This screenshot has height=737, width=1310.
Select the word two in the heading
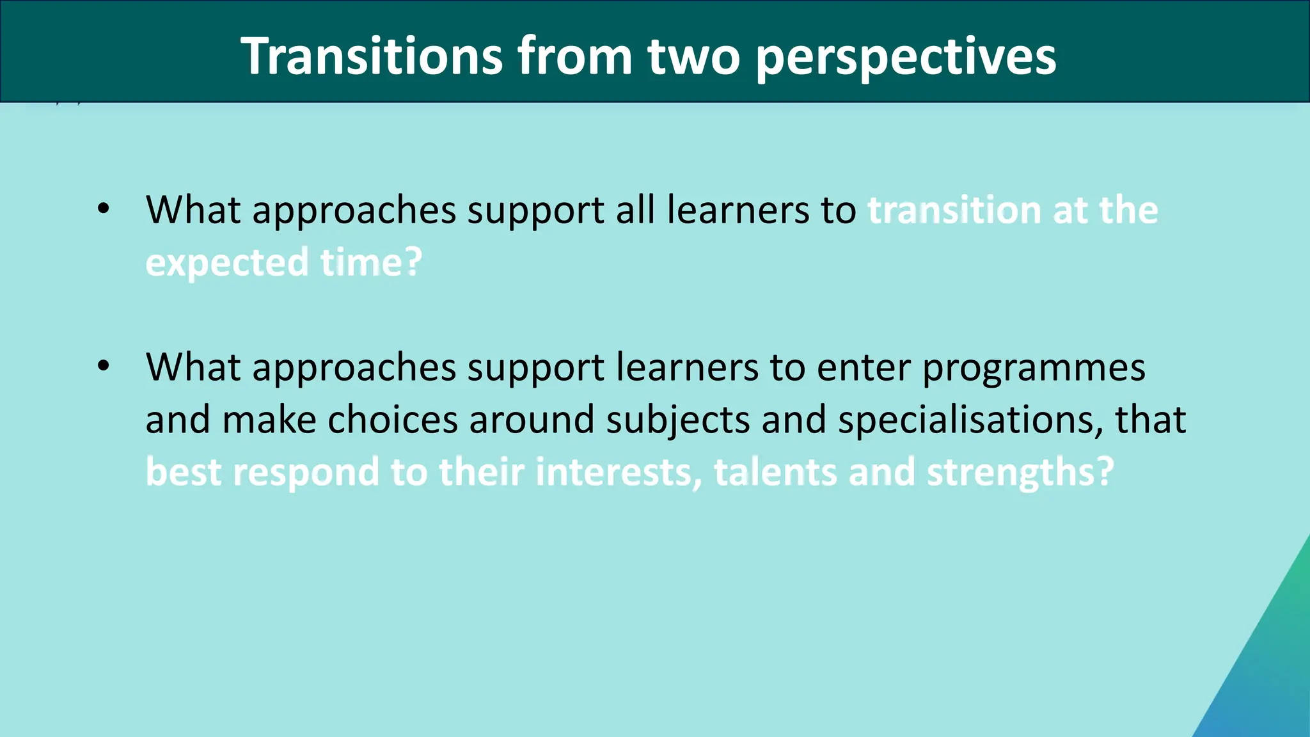[x=693, y=56]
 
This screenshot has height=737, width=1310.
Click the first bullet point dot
[x=104, y=209]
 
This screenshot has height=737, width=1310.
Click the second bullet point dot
[x=104, y=366]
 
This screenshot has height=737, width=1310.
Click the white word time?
[x=372, y=262]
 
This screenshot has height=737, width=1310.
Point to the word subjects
[x=678, y=421]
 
